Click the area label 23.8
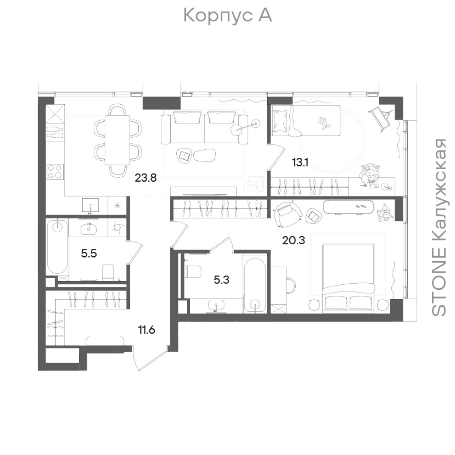146,178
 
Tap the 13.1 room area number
300,162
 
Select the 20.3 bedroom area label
293,240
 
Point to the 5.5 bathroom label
89,254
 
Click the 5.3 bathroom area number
221,280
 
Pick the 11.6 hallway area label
146,329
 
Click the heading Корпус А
227,16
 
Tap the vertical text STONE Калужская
439,227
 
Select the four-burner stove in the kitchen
55,171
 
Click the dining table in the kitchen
118,140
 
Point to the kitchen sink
91,206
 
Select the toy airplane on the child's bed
324,123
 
